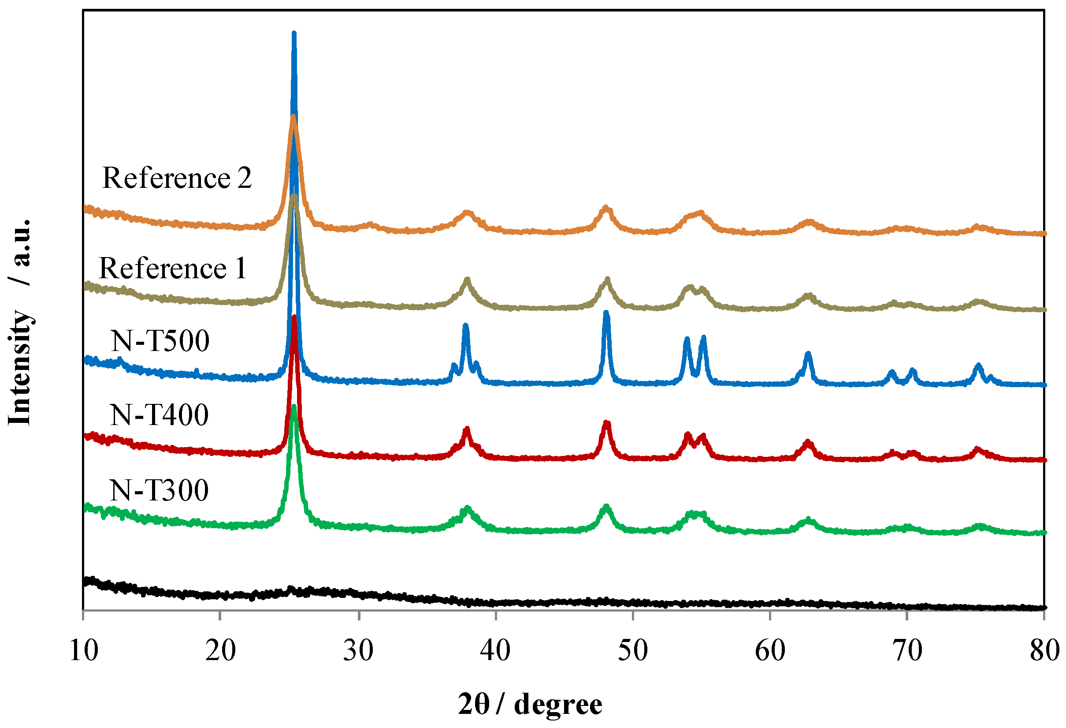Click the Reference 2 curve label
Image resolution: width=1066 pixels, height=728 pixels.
177,178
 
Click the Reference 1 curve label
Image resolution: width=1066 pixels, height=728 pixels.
172,269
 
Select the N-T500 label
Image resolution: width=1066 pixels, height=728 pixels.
160,341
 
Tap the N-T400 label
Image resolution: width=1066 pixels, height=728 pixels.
159,415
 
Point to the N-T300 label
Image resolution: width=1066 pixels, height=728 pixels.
159,490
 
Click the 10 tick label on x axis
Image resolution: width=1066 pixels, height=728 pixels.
83,651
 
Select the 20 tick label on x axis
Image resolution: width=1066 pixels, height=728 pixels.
220,651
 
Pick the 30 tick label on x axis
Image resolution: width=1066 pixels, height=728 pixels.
358,651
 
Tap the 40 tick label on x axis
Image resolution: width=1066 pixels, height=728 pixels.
495,651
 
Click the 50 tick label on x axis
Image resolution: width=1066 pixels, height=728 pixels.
632,651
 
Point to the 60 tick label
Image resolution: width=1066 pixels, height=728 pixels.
770,651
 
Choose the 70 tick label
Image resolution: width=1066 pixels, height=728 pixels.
907,651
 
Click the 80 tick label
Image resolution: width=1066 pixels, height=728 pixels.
1044,651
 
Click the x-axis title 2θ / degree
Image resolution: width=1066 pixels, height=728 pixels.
530,705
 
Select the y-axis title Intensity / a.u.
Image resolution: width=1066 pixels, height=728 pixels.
19,321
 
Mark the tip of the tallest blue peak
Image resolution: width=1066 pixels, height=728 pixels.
294,33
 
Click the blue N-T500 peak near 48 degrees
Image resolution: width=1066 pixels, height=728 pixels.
606,313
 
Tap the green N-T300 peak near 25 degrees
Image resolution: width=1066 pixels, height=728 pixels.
293,407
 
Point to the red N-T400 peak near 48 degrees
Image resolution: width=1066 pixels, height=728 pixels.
606,423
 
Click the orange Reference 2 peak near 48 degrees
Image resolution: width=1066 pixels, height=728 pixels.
606,209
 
